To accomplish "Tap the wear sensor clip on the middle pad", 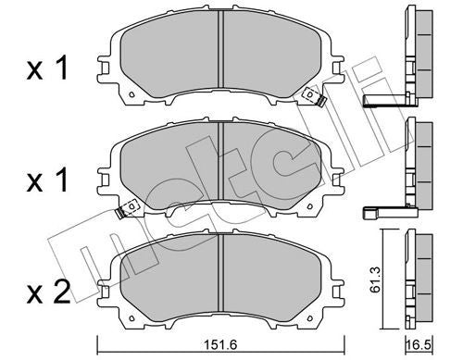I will (x=119, y=216).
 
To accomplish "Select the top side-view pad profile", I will (x=422, y=56).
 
